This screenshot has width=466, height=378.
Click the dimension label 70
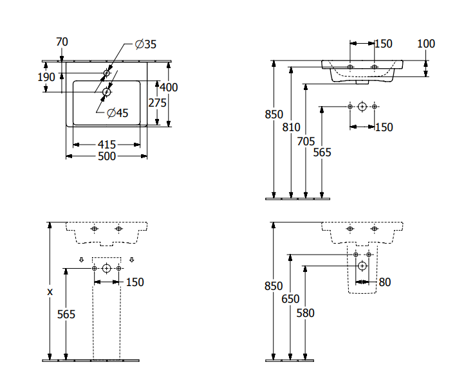(62, 42)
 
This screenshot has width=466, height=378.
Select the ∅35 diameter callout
(145, 44)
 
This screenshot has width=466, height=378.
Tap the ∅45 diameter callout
(118, 113)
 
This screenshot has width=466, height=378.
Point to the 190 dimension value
(46, 77)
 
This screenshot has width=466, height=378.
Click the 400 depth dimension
(169, 87)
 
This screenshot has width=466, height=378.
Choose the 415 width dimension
(107, 145)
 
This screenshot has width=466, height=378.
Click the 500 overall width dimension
(107, 156)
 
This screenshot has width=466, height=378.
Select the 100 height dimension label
(426, 44)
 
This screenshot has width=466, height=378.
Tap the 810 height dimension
(292, 127)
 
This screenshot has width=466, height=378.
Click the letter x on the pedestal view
(50, 291)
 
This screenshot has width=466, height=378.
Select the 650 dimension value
(290, 299)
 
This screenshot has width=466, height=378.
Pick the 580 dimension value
(305, 313)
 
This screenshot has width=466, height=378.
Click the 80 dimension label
(385, 282)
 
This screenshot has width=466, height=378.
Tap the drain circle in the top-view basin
(106, 92)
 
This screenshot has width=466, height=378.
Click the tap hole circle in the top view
(107, 73)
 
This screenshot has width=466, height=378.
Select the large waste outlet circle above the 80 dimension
(362, 265)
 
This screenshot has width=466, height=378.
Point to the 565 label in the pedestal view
(66, 314)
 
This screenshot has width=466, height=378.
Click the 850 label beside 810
(274, 114)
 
